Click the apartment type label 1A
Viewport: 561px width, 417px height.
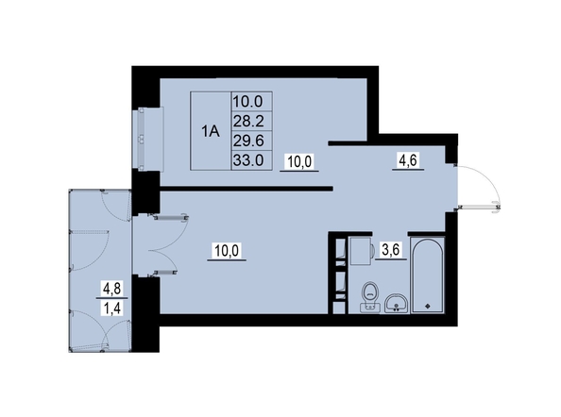211,131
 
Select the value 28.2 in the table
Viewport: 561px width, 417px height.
248,122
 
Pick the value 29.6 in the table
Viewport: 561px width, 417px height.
248,141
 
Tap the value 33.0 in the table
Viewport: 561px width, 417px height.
248,160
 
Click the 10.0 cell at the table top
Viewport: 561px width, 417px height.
248,102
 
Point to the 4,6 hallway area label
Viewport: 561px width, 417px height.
408,160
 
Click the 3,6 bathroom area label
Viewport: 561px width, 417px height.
390,250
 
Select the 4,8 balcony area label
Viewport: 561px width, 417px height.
112,289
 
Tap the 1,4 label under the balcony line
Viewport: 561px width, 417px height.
112,308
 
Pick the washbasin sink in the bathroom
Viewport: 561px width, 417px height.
396,304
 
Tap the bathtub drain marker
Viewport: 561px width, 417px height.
427,306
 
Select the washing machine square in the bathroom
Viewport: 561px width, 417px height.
361,251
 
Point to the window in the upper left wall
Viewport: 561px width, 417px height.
148,139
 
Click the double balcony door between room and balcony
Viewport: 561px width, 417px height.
161,245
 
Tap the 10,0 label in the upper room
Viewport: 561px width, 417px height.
299,162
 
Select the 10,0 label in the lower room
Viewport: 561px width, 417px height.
227,250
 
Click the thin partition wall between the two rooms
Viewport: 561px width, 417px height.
246,189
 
